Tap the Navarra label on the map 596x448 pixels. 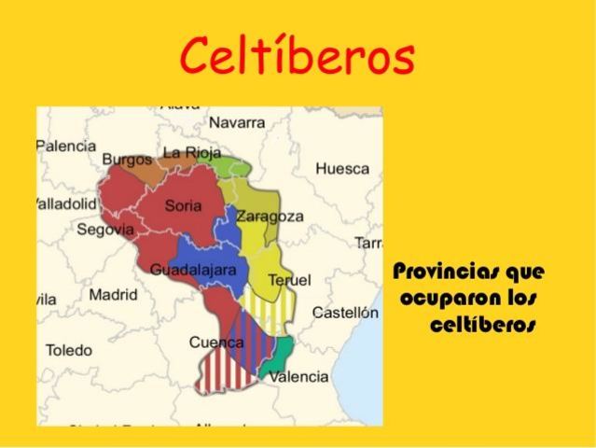coord(237,122)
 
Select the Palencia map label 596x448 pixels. coord(66,146)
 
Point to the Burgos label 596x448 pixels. coord(126,159)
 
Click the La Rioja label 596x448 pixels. coord(192,152)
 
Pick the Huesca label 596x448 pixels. coord(342,169)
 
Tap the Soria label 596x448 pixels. coord(183,205)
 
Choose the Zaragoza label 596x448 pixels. coord(270,217)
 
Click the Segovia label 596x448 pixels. coord(105,229)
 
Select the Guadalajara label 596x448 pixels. coord(193,270)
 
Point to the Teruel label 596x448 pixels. coord(289,280)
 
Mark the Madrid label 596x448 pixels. coord(113,295)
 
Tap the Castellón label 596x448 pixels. coord(345,313)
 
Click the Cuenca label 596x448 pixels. coord(216,343)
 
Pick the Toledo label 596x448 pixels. coord(69,350)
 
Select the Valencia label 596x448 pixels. coord(298,377)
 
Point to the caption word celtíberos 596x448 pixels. coord(483,326)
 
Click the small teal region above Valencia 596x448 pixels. coord(281,351)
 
